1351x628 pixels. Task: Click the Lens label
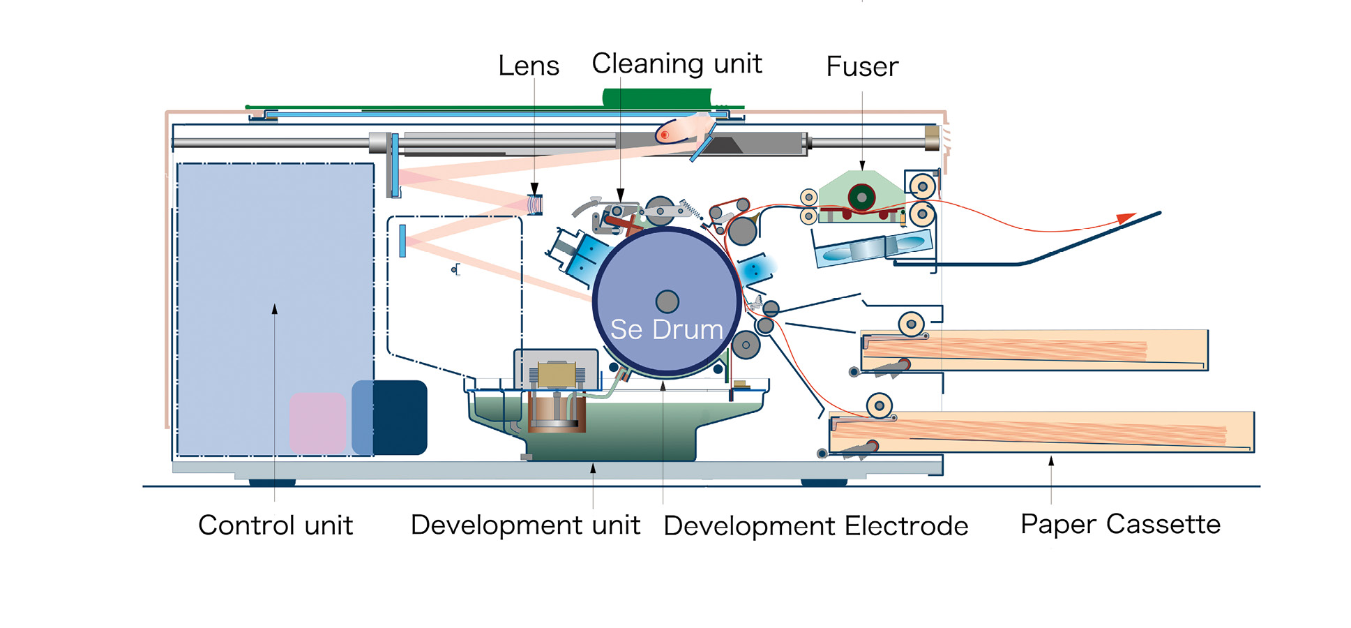point(528,66)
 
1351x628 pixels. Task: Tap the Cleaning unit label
point(676,64)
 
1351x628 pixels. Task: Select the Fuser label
point(861,67)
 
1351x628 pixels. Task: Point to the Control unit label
point(276,525)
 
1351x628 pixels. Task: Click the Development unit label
point(524,525)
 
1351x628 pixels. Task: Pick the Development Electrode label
point(815,525)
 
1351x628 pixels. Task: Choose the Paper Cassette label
point(1120,524)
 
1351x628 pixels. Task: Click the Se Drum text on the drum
point(666,329)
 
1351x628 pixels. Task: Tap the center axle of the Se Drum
point(667,301)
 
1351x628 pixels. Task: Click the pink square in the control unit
point(318,423)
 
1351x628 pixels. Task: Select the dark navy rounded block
point(398,417)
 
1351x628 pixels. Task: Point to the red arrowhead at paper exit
point(1124,218)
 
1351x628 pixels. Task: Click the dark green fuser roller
point(861,197)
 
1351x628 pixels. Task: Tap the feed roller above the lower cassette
point(880,405)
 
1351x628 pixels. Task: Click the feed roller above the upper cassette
point(911,324)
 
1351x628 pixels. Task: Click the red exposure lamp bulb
point(665,134)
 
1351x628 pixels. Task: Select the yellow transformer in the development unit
point(557,375)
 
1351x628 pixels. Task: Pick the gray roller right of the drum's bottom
point(746,345)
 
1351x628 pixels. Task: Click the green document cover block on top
point(657,98)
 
